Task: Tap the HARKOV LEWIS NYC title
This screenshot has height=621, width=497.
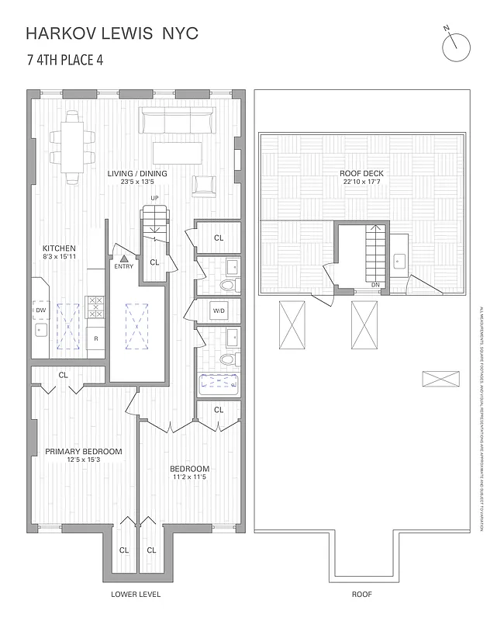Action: (112, 33)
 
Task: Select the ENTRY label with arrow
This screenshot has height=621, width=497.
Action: (123, 262)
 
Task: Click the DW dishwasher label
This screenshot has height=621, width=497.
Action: (41, 310)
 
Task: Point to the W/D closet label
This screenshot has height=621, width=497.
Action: (219, 312)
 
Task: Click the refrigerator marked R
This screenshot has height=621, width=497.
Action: (96, 339)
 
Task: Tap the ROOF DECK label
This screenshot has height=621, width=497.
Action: (361, 173)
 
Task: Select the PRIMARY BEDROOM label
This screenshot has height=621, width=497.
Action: (83, 452)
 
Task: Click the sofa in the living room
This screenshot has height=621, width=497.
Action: (178, 121)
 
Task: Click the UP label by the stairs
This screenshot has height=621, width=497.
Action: (154, 199)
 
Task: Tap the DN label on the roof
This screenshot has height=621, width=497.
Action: (375, 285)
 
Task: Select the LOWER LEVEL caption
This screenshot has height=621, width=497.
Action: (136, 595)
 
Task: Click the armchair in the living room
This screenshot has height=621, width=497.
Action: (205, 185)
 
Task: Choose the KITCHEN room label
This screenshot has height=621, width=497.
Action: (59, 248)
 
